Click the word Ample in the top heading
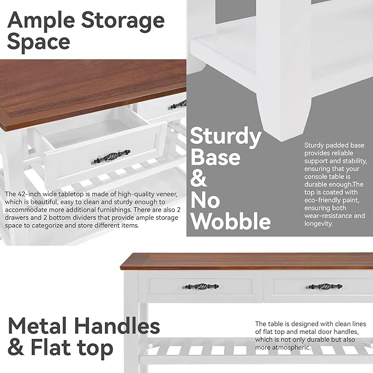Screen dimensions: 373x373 tap(41, 21)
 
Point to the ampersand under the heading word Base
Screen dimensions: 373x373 tap(199, 179)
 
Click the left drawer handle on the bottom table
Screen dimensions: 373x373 tap(201, 286)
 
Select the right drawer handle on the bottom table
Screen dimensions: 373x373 tap(325, 286)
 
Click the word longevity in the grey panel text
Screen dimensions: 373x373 tap(320, 224)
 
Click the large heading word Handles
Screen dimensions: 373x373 tap(119, 326)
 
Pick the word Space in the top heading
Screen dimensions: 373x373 tap(38, 42)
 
